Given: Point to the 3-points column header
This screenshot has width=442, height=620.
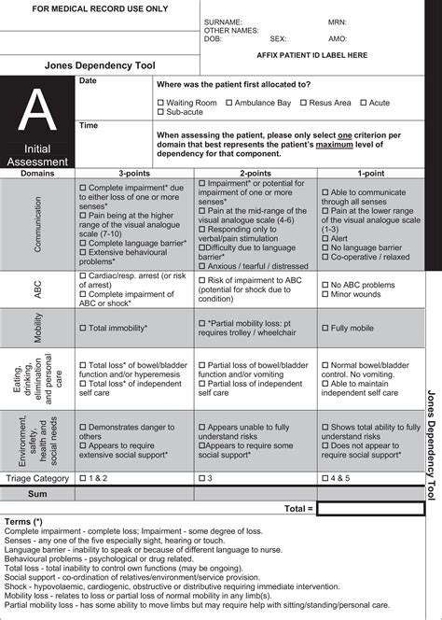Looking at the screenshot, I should click(135, 174).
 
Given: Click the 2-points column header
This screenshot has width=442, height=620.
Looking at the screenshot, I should click(255, 174).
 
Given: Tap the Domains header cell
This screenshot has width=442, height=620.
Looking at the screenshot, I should click(38, 174).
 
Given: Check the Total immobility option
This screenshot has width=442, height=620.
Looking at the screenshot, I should click(84, 328).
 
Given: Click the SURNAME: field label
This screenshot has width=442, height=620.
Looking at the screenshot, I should click(223, 21).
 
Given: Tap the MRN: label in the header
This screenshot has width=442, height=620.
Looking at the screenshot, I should click(337, 21).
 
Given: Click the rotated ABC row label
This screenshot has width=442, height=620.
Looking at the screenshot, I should click(38, 290).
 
